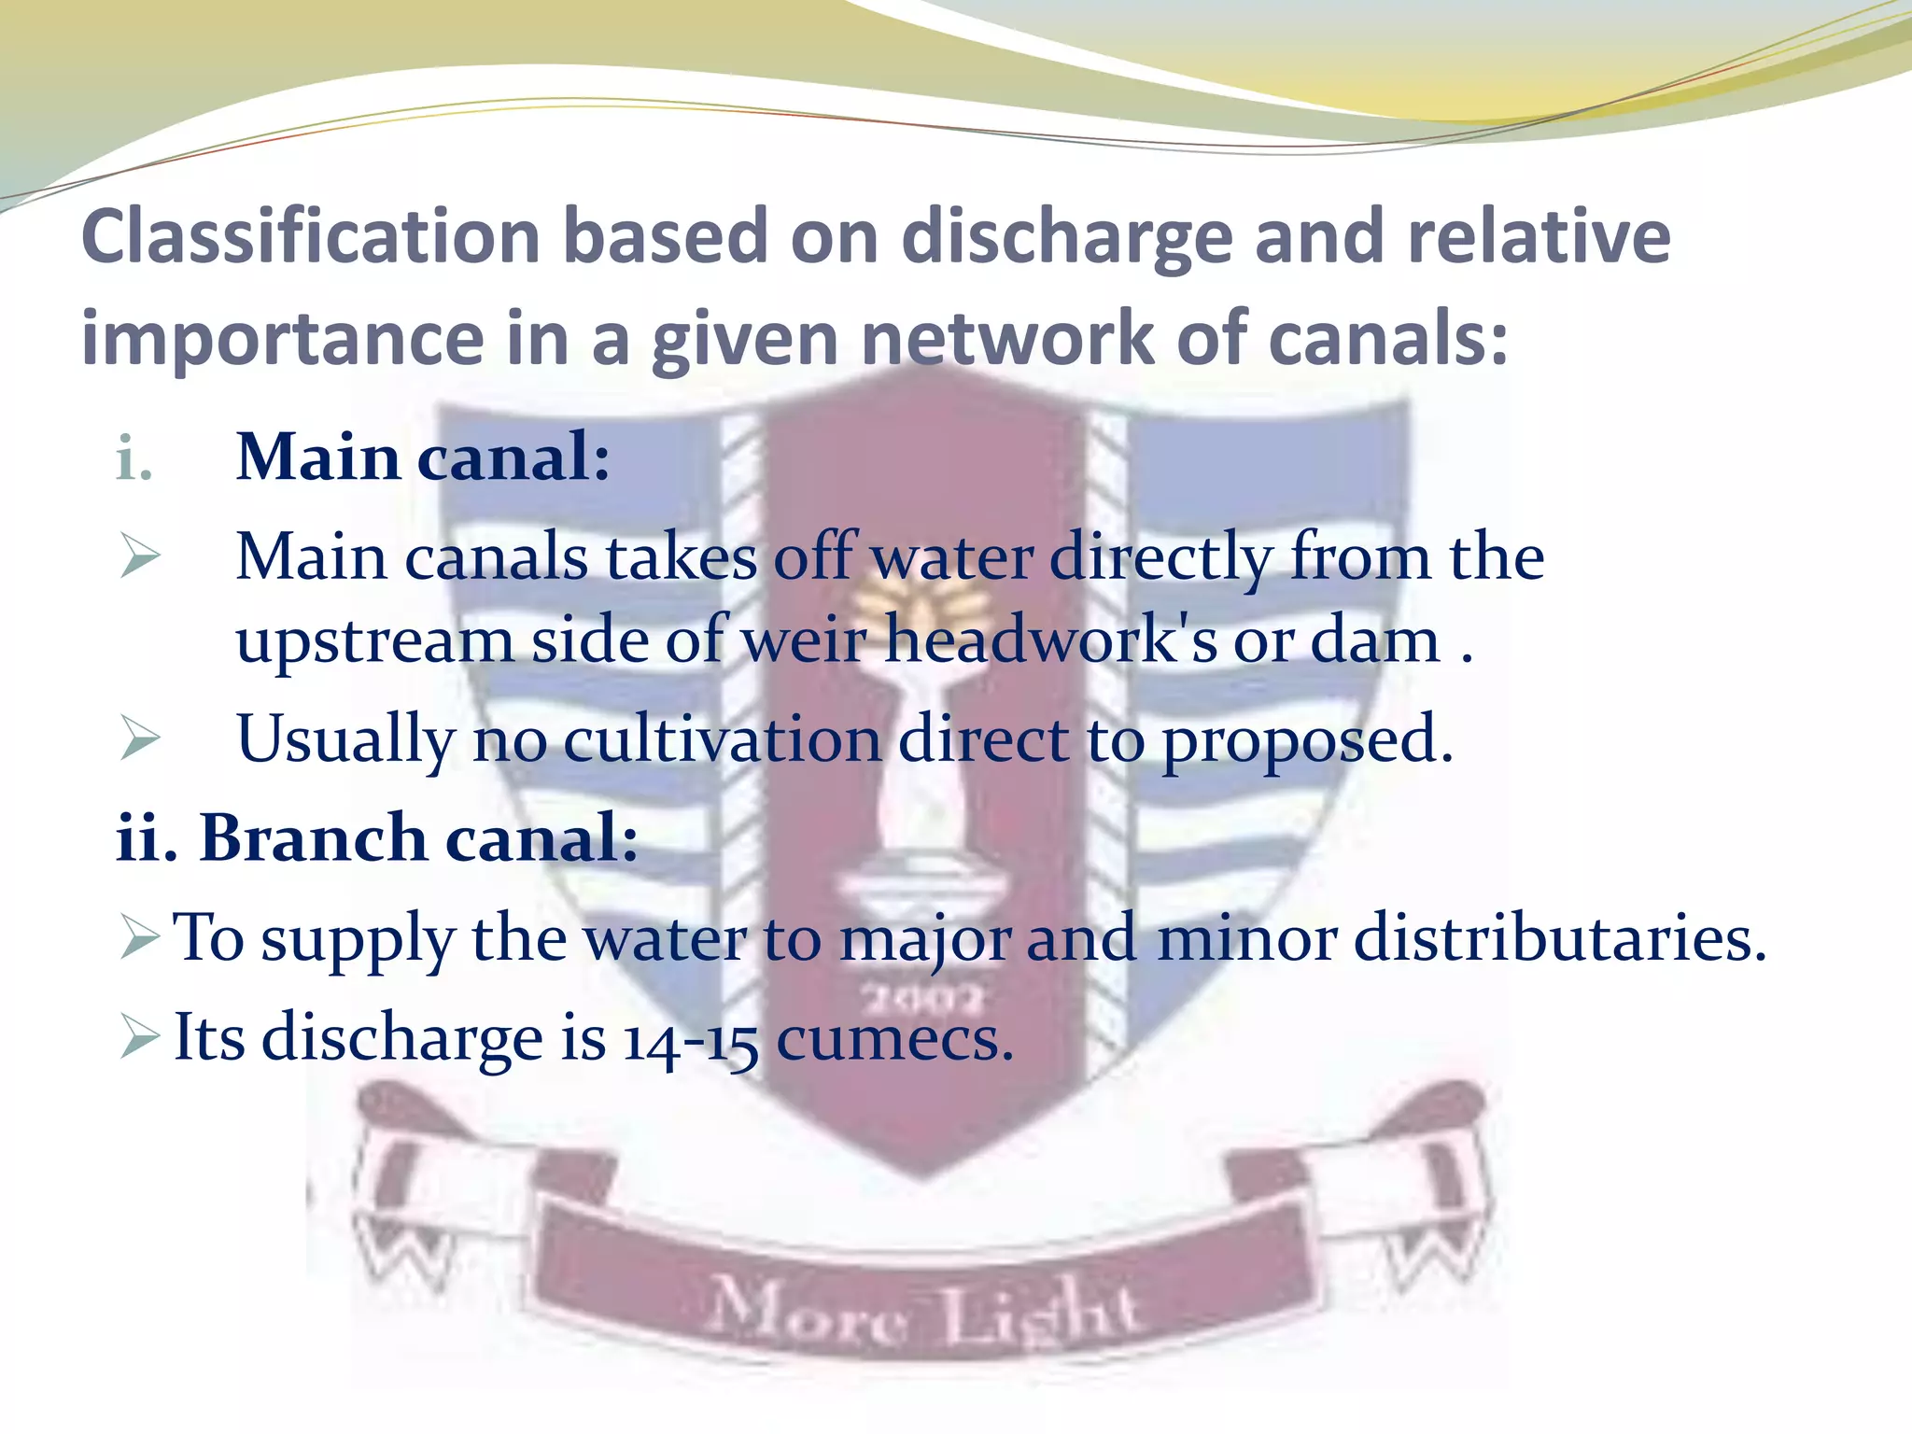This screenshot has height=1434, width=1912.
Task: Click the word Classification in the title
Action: (310, 237)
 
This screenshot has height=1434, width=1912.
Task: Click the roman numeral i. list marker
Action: (134, 459)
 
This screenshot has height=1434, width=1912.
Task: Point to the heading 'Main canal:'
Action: (423, 457)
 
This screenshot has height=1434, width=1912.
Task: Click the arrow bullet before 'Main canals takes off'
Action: (140, 557)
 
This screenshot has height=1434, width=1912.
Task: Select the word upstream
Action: (373, 642)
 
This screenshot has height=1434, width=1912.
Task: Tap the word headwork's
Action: (1051, 640)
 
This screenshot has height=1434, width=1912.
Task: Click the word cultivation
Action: (722, 739)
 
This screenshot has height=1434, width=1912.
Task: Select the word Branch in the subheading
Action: (313, 836)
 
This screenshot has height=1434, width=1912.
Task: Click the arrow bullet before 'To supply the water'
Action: (140, 937)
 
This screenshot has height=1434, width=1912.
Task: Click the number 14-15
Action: (690, 1040)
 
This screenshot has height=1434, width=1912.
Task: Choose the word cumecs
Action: (893, 1038)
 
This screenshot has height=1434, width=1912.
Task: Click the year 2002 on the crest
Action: (922, 1000)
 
